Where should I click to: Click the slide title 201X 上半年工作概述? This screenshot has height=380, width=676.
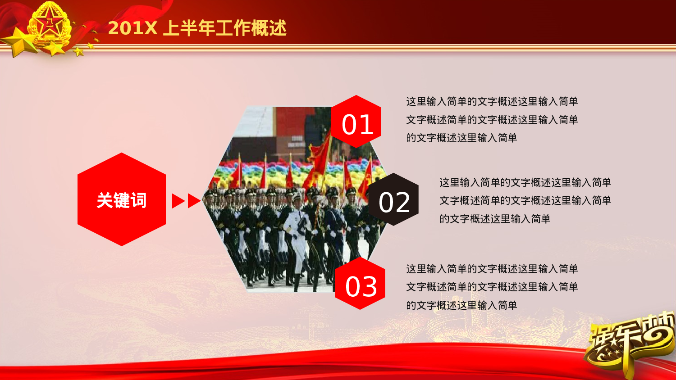pyautogui.click(x=197, y=28)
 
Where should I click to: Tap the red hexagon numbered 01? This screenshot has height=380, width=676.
pyautogui.click(x=356, y=122)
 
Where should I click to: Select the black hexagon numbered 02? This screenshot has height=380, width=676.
pyautogui.click(x=394, y=200)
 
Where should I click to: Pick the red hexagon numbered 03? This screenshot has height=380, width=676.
pyautogui.click(x=360, y=284)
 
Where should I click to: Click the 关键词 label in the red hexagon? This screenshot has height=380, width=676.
pyautogui.click(x=122, y=200)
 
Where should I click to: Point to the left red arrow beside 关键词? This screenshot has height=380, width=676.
pyautogui.click(x=178, y=201)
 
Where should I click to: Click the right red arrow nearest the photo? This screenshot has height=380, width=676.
pyautogui.click(x=194, y=201)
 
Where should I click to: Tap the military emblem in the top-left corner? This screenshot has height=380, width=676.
pyautogui.click(x=49, y=25)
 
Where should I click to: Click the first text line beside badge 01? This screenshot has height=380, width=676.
pyautogui.click(x=492, y=101)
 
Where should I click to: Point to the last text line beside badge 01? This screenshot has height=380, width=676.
pyautogui.click(x=461, y=138)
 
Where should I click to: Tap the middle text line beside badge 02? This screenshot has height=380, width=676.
pyautogui.click(x=525, y=200)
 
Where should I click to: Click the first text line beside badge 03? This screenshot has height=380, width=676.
pyautogui.click(x=492, y=269)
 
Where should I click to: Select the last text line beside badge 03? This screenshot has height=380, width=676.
pyautogui.click(x=461, y=305)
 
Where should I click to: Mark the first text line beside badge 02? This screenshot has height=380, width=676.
pyautogui.click(x=525, y=182)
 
